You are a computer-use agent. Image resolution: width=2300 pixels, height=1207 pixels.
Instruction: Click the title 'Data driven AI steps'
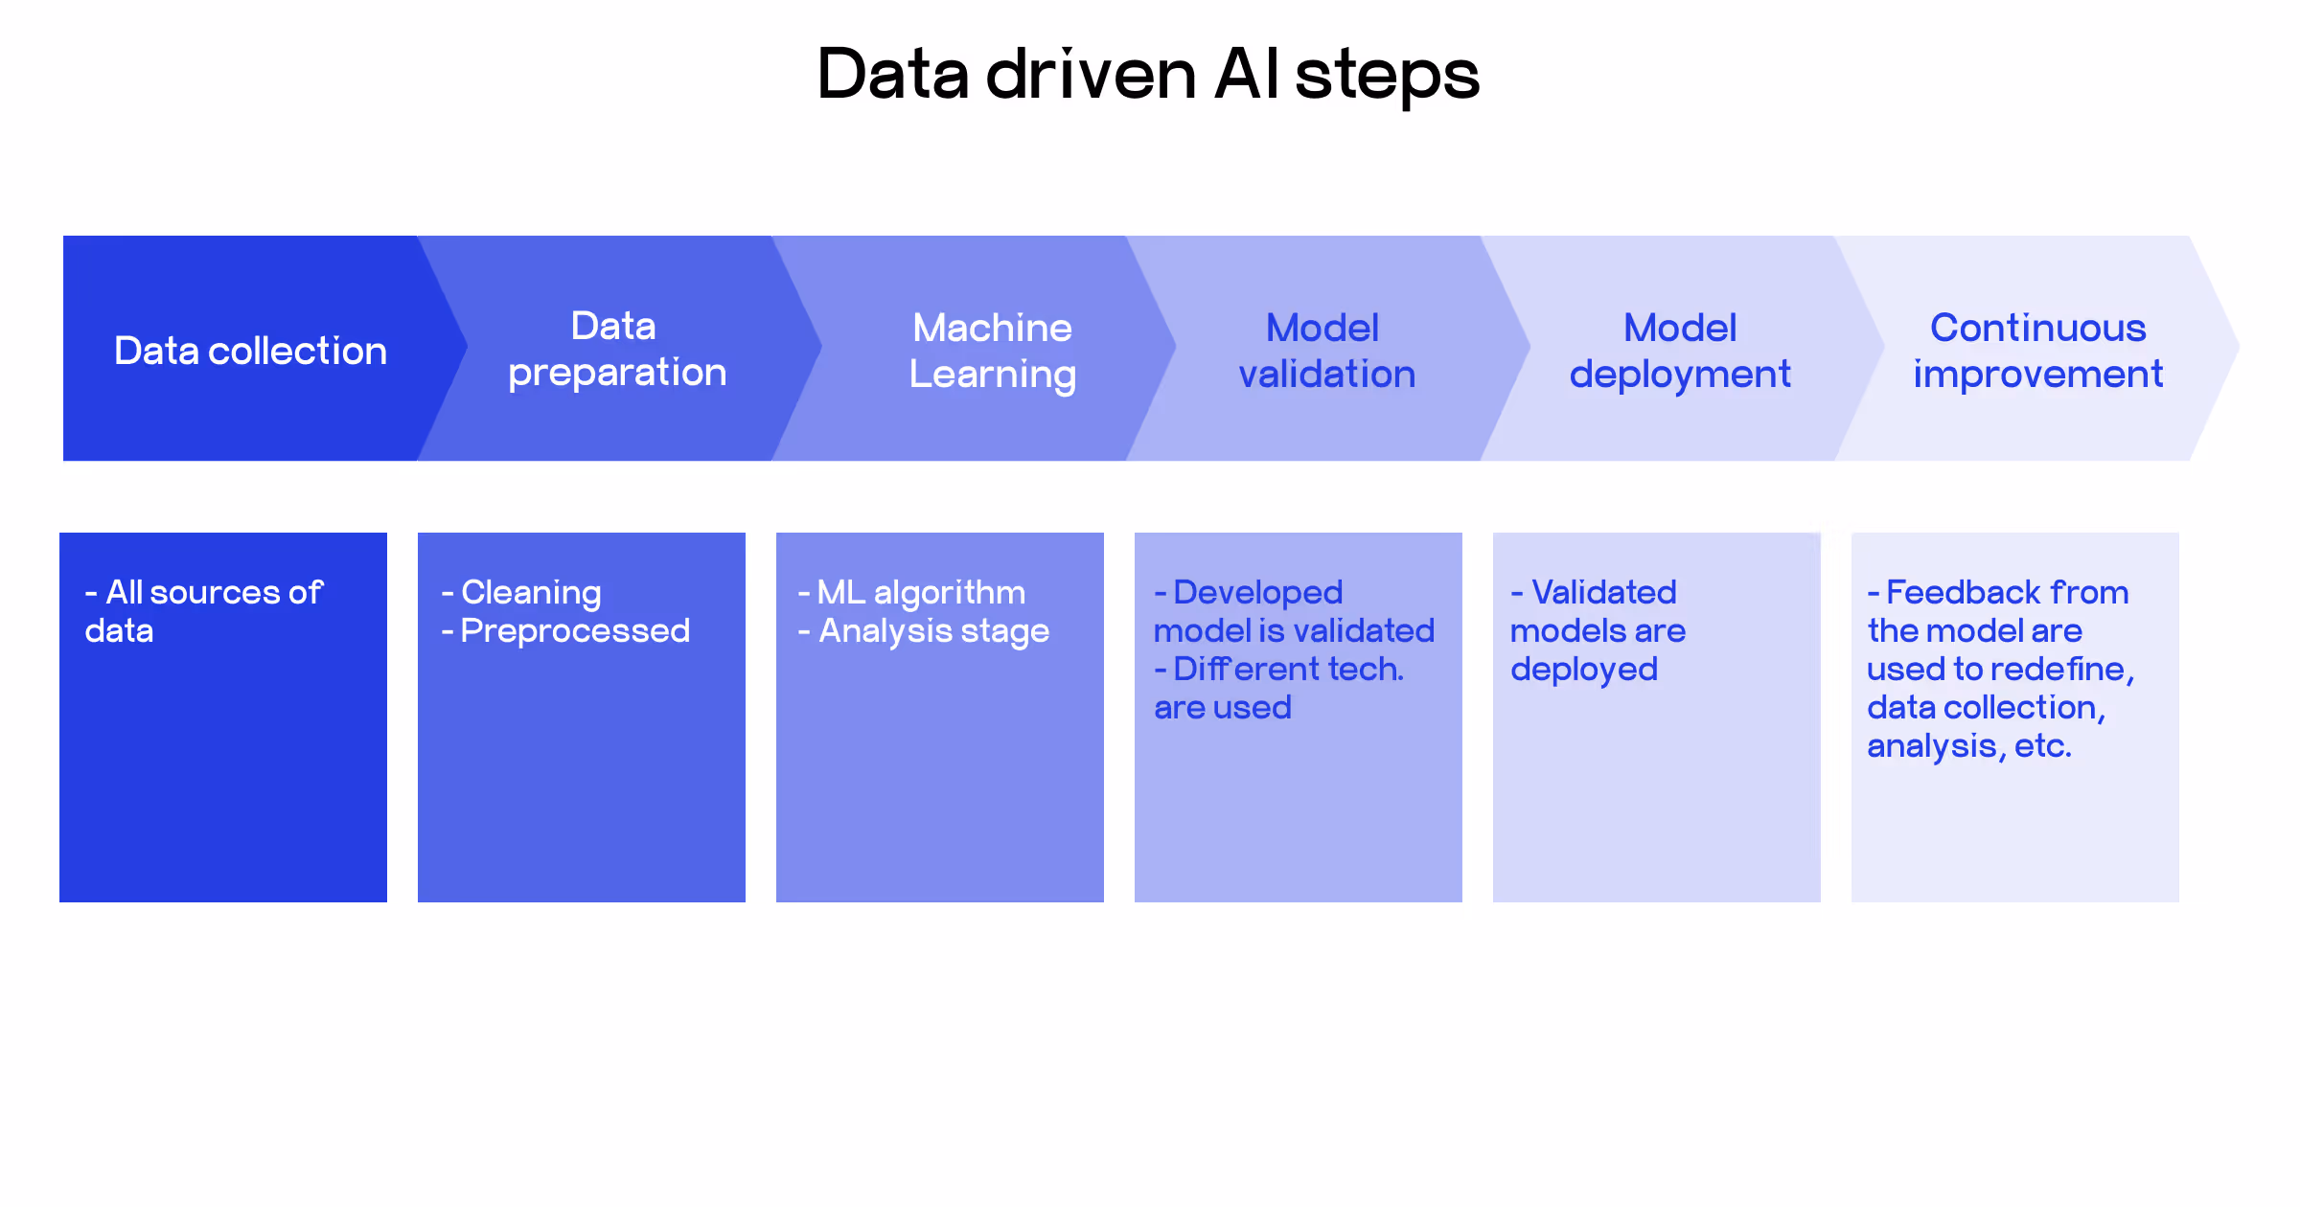coord(1148,75)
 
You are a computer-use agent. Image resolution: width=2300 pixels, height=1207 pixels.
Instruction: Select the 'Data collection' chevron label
coord(250,351)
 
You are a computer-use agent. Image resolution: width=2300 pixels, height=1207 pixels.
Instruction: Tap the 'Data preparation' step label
coord(616,350)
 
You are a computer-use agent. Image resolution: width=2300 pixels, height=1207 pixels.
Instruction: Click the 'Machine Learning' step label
coord(992,351)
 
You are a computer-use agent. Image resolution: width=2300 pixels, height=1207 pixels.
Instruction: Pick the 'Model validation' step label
coord(1325,351)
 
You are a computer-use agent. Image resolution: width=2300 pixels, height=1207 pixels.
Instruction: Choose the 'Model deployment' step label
coord(1679,351)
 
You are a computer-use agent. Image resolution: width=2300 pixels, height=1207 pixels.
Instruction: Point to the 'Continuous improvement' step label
coord(2037,351)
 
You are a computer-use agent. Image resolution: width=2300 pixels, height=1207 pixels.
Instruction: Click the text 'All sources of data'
coord(203,611)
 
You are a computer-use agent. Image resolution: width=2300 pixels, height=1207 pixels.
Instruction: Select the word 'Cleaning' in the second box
coord(531,593)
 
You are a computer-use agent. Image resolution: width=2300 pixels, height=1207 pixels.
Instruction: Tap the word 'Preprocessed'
coord(574,631)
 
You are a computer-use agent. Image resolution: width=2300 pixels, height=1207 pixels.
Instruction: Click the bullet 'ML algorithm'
coord(920,593)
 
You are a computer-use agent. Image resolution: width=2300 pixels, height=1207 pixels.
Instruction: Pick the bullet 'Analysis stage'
coord(932,631)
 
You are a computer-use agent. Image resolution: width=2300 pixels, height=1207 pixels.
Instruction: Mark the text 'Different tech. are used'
coord(1278,688)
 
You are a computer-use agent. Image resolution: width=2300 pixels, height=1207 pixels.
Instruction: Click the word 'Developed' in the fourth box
coord(1257,593)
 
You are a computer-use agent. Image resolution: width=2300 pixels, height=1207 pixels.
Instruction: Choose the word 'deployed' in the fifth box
coord(1583,670)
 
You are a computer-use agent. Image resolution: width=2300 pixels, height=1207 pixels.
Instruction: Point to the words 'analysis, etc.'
coord(1968,746)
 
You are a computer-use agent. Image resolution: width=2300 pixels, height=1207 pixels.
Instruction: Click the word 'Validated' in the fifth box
coord(1603,593)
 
